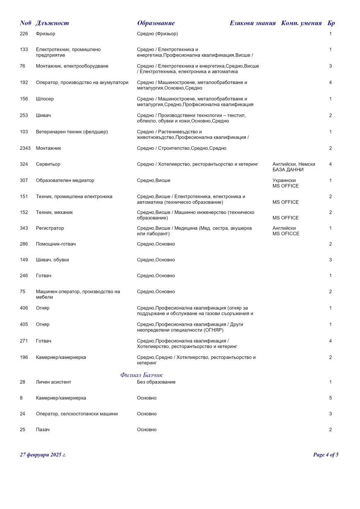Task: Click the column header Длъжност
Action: pyautogui.click(x=52, y=23)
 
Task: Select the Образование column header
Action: pyautogui.click(x=156, y=23)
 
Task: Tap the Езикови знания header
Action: pyautogui.click(x=252, y=23)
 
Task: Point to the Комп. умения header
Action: pyautogui.click(x=301, y=23)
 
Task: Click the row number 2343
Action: pyautogui.click(x=25, y=148)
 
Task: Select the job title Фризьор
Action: pyautogui.click(x=46, y=34)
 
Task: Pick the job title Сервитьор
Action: pyautogui.click(x=48, y=164)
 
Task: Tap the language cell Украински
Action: pyautogui.click(x=284, y=181)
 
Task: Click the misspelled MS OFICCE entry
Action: pyautogui.click(x=286, y=234)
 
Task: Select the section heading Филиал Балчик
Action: pyautogui.click(x=142, y=375)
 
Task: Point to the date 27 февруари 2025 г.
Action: pyautogui.click(x=43, y=455)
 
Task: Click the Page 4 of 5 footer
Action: pyautogui.click(x=326, y=455)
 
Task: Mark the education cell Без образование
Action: pyautogui.click(x=156, y=382)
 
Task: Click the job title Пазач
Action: pyautogui.click(x=43, y=430)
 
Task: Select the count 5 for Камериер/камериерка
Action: pyautogui.click(x=330, y=398)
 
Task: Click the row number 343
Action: pyautogui.click(x=24, y=228)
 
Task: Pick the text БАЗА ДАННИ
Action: pyautogui.click(x=288, y=170)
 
